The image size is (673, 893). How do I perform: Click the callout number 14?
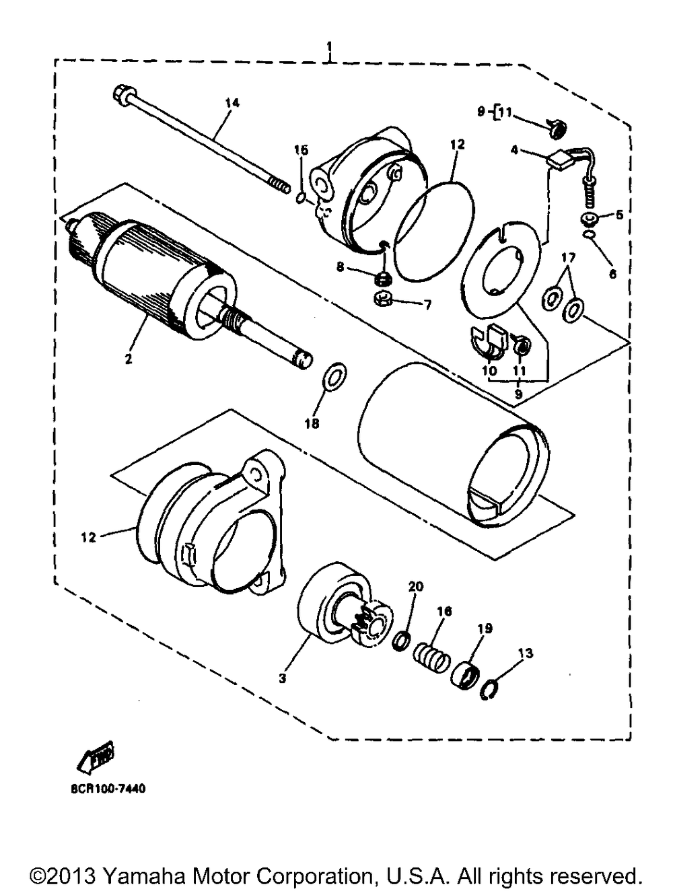[232, 102]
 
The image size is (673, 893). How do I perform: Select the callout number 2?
[128, 359]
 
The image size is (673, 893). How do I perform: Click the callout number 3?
[283, 678]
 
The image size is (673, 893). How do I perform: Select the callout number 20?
[415, 587]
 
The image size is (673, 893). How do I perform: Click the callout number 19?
[485, 629]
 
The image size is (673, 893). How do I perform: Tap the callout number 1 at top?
[330, 47]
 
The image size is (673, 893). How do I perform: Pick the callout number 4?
[514, 151]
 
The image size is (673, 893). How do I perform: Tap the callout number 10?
[489, 371]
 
